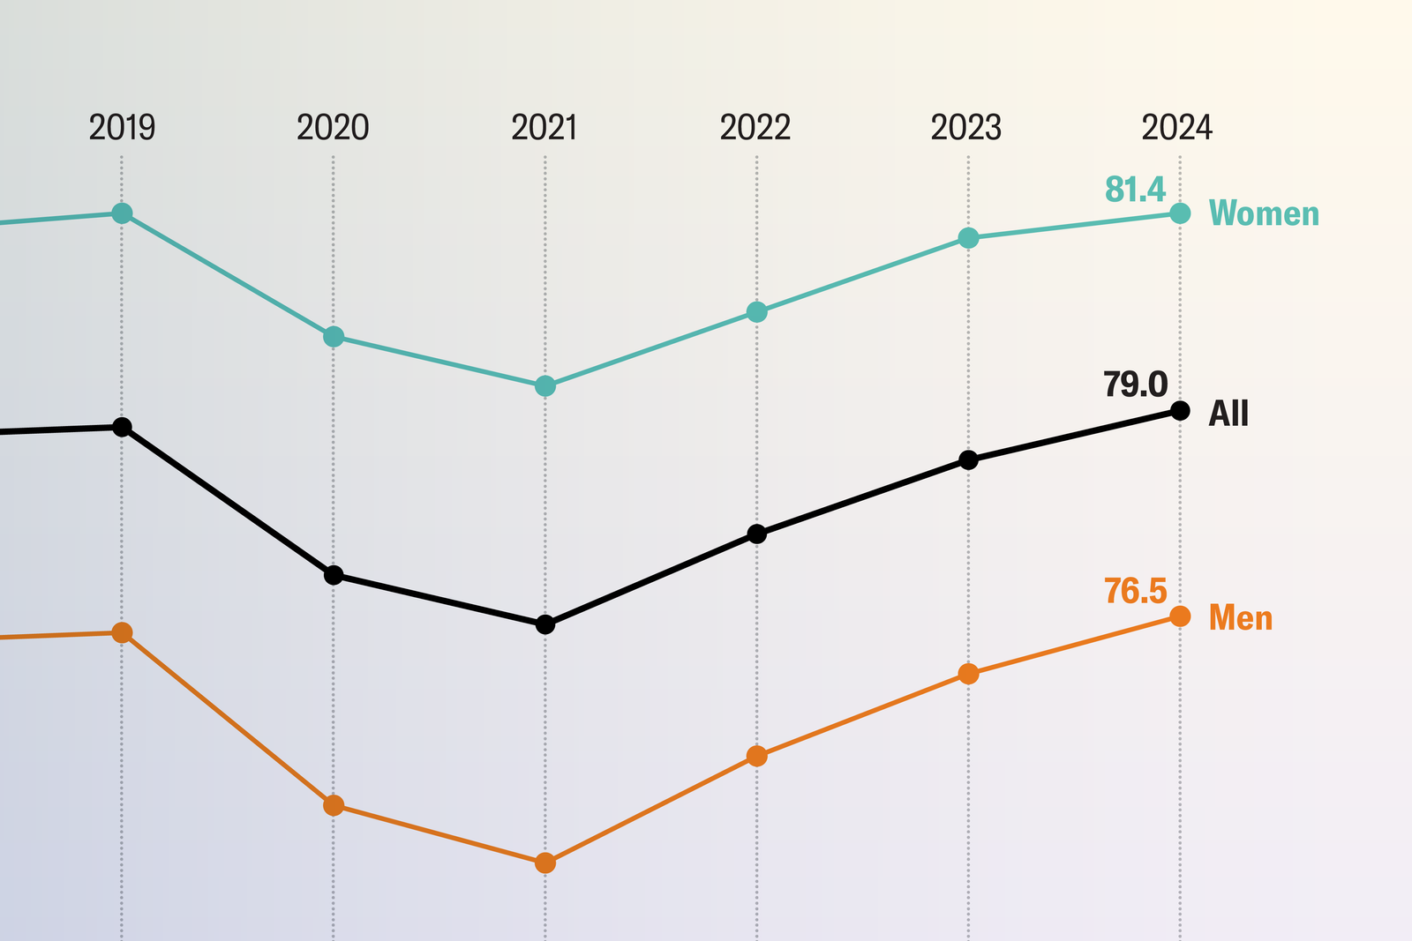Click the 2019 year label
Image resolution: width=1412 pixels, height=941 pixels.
tap(122, 128)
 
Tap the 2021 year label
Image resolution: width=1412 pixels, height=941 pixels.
tap(545, 128)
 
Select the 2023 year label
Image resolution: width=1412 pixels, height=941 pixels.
tap(966, 128)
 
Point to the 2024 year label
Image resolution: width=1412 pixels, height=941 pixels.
tap(1177, 128)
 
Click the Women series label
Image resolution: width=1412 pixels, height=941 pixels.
tap(1264, 214)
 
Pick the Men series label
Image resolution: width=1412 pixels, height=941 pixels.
tap(1241, 617)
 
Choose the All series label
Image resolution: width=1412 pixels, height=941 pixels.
tap(1228, 413)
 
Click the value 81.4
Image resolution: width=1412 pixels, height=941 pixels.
tap(1136, 190)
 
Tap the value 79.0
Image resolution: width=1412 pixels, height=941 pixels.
tap(1136, 385)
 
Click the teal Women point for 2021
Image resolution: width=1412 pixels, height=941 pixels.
tap(545, 386)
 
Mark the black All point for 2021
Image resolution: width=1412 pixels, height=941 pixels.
tap(545, 624)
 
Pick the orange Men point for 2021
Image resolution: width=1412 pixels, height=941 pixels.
tap(545, 863)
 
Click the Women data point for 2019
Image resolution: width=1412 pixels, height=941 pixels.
tap(123, 213)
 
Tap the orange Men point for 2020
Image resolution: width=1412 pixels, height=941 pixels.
tap(334, 805)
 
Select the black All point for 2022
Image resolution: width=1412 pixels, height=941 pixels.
tap(756, 534)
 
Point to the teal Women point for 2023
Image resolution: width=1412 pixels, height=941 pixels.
tap(968, 238)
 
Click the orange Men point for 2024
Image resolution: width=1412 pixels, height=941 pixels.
tap(1180, 616)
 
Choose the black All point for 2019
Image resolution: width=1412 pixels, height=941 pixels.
tap(123, 427)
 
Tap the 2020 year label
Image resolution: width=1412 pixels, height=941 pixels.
tap(333, 128)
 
